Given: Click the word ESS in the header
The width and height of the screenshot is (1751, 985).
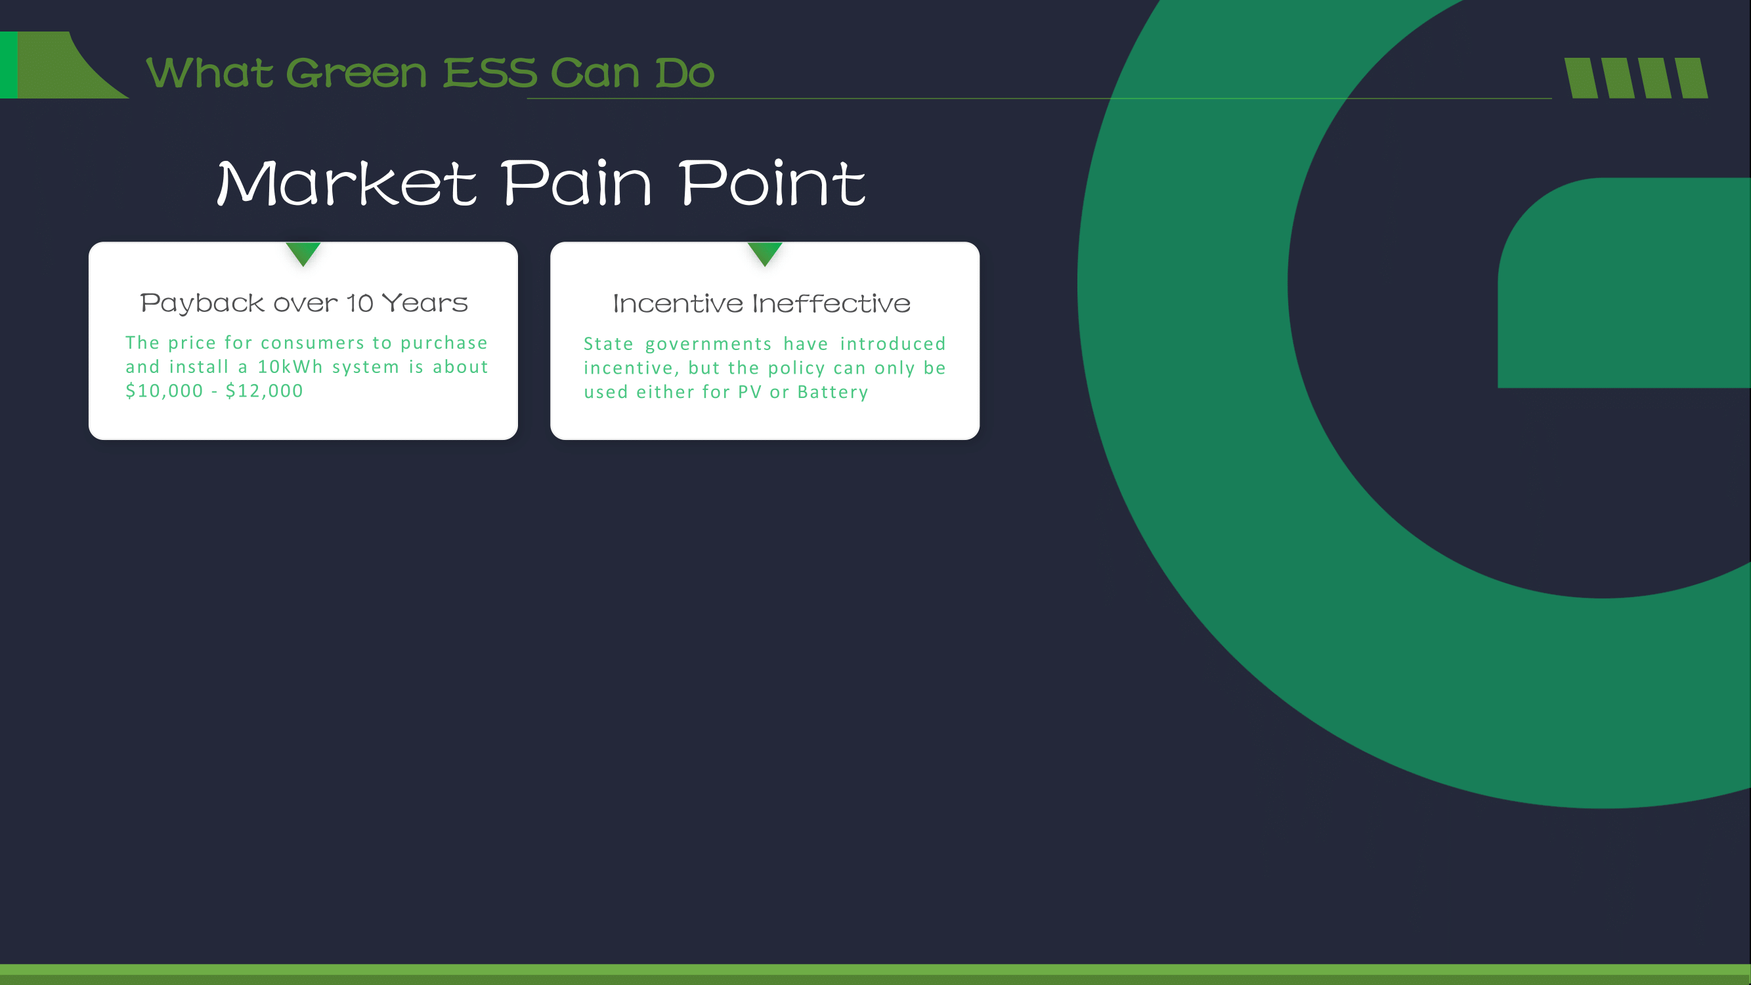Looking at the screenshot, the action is (x=490, y=73).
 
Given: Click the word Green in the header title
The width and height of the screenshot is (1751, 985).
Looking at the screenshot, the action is (x=357, y=73).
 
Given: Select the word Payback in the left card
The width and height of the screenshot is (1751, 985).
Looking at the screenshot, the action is (x=202, y=303).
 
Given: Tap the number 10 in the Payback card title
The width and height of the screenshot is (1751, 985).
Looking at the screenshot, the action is (x=360, y=303).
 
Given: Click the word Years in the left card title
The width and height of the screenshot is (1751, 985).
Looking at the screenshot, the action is (x=425, y=303).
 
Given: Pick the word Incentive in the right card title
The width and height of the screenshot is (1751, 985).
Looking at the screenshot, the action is (x=678, y=303).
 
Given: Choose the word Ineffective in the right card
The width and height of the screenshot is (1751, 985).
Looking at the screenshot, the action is (x=831, y=303).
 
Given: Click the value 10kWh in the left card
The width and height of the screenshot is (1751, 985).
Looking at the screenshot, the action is (x=290, y=366).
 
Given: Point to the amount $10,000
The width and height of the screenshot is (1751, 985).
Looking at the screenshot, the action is (x=165, y=391).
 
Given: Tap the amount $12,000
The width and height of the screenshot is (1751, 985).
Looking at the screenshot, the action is (x=264, y=391).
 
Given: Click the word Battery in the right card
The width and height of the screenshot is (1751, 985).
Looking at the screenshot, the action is (x=832, y=392).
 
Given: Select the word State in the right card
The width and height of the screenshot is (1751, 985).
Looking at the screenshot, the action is (x=609, y=344).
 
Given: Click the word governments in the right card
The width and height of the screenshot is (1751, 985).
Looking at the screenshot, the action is (x=708, y=345).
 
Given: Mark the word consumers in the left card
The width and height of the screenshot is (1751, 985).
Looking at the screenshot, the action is (x=313, y=343).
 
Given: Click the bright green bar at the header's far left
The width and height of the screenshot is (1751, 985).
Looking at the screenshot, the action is (x=9, y=65).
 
